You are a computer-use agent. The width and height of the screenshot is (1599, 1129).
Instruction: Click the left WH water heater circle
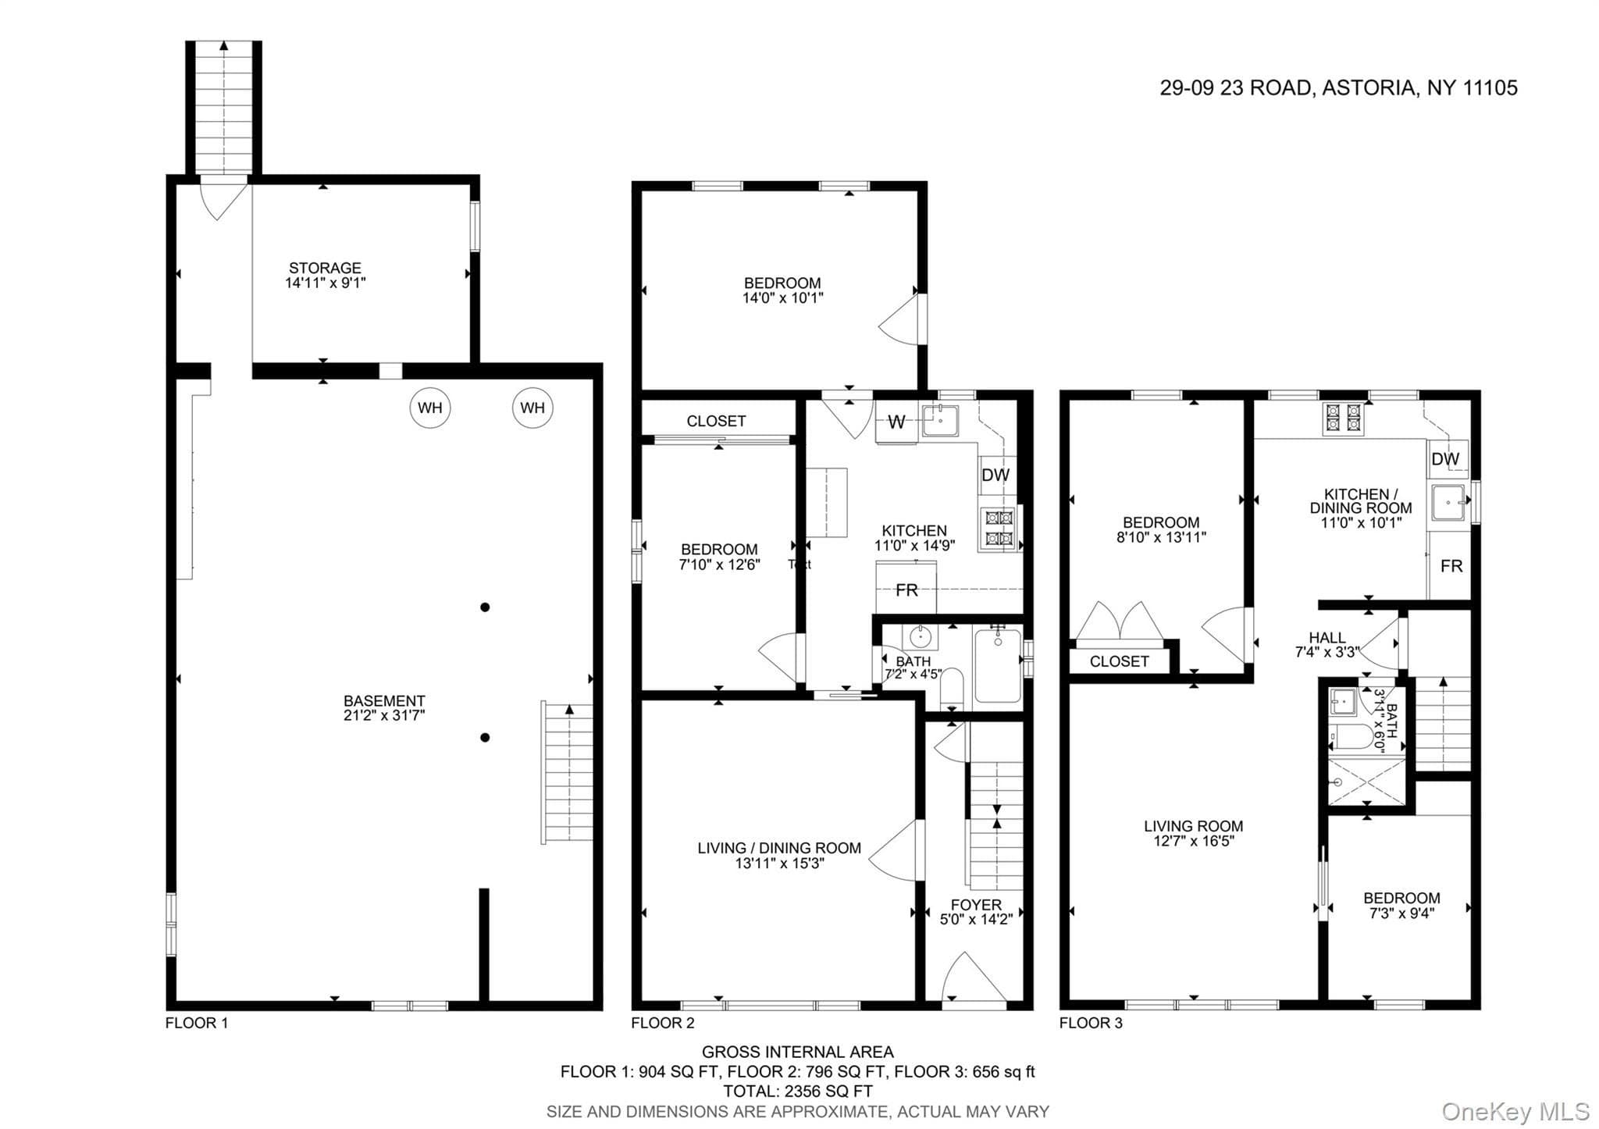point(430,408)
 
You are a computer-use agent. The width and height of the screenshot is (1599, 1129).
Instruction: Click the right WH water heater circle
point(532,408)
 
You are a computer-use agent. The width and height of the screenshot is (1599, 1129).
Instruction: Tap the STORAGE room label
point(325,268)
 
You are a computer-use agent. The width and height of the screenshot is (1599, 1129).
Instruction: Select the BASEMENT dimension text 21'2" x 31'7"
point(384,715)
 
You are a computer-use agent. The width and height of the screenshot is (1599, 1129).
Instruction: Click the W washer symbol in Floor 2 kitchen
point(897,422)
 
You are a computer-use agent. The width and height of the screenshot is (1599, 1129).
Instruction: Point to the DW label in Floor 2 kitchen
point(995,475)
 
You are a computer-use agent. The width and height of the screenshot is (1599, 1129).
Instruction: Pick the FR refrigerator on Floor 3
point(1451,566)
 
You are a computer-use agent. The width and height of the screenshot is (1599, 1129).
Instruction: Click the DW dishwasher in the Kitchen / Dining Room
point(1445,459)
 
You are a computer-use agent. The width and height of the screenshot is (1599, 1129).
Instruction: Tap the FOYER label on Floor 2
point(976,905)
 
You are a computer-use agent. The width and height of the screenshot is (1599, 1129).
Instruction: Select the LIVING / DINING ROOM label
point(779,848)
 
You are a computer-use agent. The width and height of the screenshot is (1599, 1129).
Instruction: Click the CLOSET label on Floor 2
point(716,421)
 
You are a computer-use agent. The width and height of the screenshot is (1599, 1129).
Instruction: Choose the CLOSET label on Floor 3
point(1119,661)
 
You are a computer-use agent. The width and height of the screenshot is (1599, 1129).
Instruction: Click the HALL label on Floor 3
point(1327,638)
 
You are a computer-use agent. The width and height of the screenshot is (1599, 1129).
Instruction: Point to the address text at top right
point(1338,87)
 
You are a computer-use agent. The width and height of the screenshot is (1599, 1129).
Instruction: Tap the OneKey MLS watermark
point(1515,1111)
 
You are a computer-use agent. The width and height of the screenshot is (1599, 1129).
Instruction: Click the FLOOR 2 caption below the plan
point(663,1023)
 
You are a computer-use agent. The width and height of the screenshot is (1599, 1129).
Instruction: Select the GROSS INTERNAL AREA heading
point(798,1052)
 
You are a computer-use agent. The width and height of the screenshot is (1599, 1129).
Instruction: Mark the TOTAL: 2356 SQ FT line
point(798,1092)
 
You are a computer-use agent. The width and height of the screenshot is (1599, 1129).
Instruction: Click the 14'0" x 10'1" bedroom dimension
point(782,297)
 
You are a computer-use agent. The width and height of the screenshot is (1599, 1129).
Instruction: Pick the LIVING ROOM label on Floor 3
point(1193,826)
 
